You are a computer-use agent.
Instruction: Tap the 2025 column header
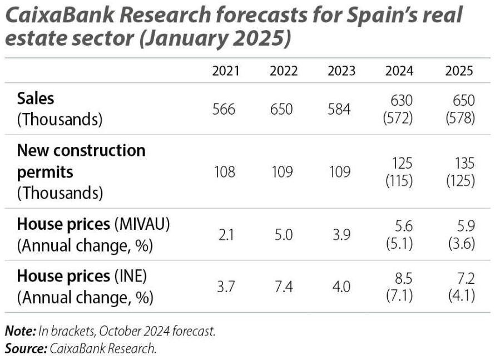(459, 71)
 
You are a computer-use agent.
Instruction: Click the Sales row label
(36, 98)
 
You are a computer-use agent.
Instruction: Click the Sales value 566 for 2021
(224, 109)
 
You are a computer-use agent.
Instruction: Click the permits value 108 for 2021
(224, 172)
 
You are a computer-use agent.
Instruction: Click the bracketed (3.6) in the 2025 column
(461, 244)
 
